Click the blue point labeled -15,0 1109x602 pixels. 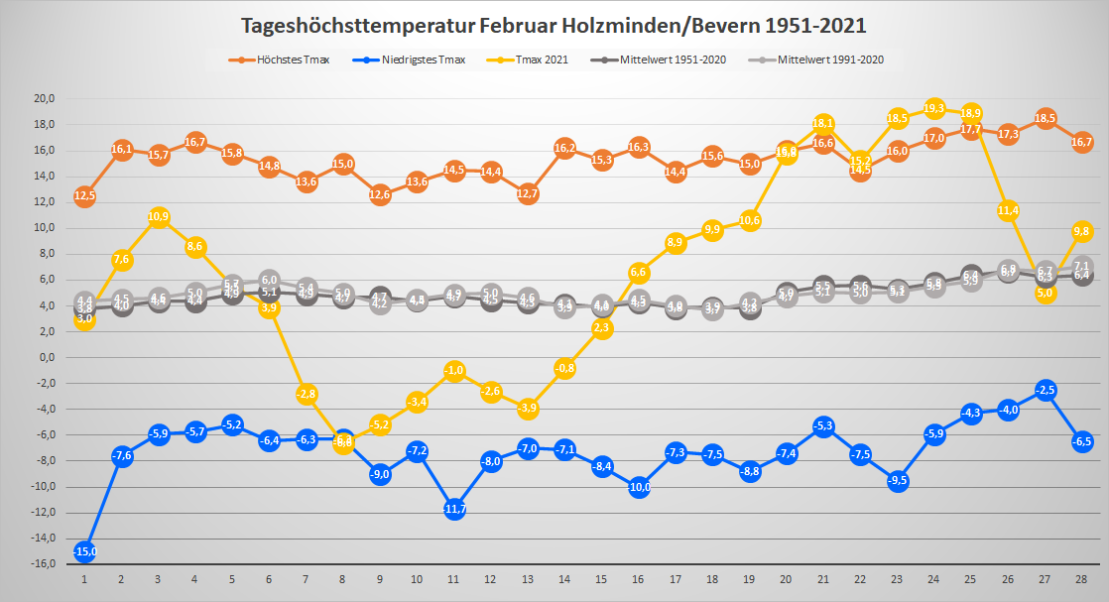pyautogui.click(x=84, y=551)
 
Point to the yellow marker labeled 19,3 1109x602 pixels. pyautogui.click(x=933, y=108)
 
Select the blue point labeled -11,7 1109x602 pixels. pyautogui.click(x=454, y=509)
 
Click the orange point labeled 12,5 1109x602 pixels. pyautogui.click(x=84, y=195)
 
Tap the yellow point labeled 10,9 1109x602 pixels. pyautogui.click(x=158, y=216)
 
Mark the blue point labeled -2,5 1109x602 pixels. pyautogui.click(x=1045, y=390)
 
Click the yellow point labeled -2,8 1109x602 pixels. pyautogui.click(x=307, y=394)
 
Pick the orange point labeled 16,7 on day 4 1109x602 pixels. pyautogui.click(x=195, y=142)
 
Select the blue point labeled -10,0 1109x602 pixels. pyautogui.click(x=639, y=487)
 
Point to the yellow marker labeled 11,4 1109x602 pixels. pyautogui.click(x=1008, y=210)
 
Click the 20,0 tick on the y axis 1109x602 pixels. pyautogui.click(x=44, y=99)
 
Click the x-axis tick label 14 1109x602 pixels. pyautogui.click(x=565, y=578)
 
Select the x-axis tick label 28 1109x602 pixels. pyautogui.click(x=1082, y=578)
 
